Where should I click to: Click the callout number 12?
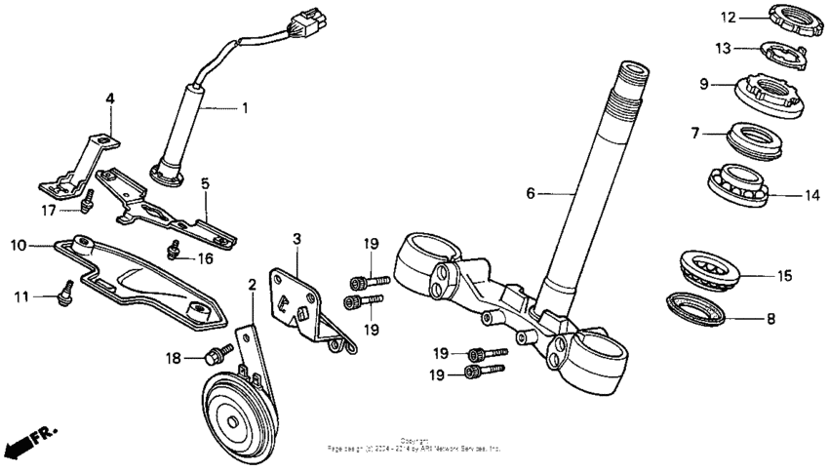pyautogui.click(x=727, y=17)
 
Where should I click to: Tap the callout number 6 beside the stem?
pyautogui.click(x=531, y=193)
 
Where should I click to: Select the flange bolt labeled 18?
pyautogui.click(x=217, y=353)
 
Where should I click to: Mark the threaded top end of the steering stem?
pyautogui.click(x=632, y=74)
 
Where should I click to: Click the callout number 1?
pyautogui.click(x=245, y=107)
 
